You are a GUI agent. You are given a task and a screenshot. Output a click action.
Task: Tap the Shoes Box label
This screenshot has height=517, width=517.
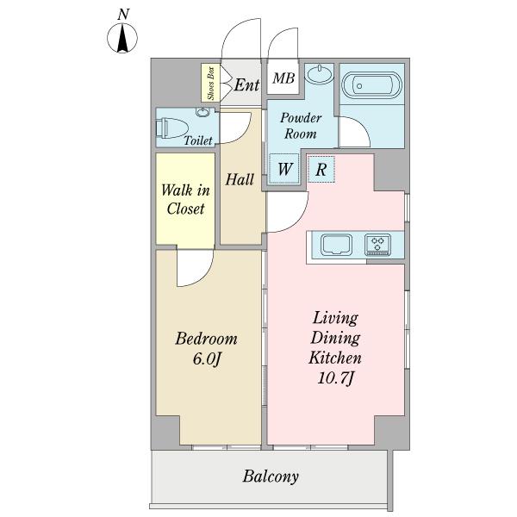point(211,83)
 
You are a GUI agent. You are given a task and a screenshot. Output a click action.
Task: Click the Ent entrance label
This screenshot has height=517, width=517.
point(246,85)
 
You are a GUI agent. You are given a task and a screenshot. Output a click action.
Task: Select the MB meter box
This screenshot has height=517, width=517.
point(283,78)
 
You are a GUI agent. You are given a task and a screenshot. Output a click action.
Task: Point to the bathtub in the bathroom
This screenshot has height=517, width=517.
point(371,85)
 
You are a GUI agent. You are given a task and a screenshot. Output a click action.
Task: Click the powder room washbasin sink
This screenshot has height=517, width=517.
point(319,74)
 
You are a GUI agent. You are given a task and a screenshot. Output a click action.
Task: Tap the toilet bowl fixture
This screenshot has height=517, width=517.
point(171,128)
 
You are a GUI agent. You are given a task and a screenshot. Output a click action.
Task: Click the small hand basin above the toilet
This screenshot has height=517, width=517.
point(202,112)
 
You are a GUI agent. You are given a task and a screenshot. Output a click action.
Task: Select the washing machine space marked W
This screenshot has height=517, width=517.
point(284,169)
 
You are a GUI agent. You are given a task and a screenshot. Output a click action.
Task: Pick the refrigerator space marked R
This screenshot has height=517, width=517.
point(321,170)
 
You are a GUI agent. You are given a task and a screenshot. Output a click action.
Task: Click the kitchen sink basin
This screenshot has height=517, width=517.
point(336,245)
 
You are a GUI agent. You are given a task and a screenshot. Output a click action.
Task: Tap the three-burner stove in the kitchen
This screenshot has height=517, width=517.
point(377,245)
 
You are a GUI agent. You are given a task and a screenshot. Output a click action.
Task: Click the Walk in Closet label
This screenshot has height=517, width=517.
point(185,200)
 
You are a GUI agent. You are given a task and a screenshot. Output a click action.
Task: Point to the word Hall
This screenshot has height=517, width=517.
point(240,180)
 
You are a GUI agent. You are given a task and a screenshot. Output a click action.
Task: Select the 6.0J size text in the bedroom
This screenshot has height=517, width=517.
point(206,359)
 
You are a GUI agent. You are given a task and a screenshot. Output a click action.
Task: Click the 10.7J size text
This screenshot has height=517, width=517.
point(336,378)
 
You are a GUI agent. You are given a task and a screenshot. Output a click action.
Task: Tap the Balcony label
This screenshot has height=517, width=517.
point(271,477)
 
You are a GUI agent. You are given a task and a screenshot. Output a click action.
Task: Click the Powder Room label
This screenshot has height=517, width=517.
point(301,126)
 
